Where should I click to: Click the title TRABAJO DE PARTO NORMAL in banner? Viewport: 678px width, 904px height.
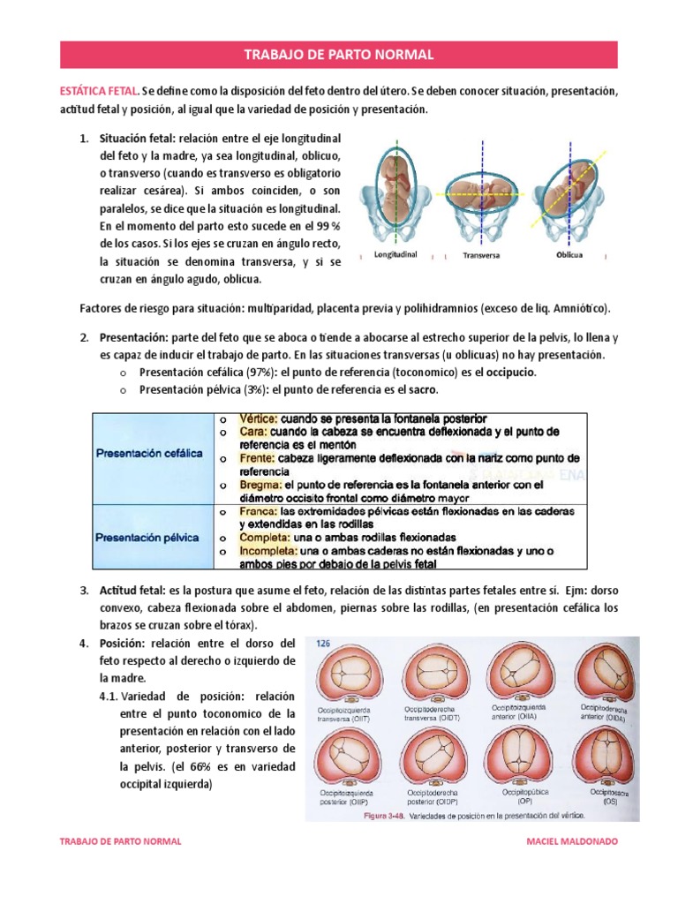pos(338,55)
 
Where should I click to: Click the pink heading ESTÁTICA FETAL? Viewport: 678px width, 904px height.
pos(99,91)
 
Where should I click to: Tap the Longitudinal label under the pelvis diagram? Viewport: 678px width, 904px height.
pos(395,252)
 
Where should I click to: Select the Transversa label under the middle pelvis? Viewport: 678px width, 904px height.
pos(482,256)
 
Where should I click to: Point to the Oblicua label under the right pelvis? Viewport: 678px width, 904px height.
pos(569,253)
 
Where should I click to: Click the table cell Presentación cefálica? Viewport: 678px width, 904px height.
pos(149,453)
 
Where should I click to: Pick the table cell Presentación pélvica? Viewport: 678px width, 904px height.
pos(147,537)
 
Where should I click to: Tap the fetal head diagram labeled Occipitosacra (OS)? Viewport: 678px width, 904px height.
pos(604,758)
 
